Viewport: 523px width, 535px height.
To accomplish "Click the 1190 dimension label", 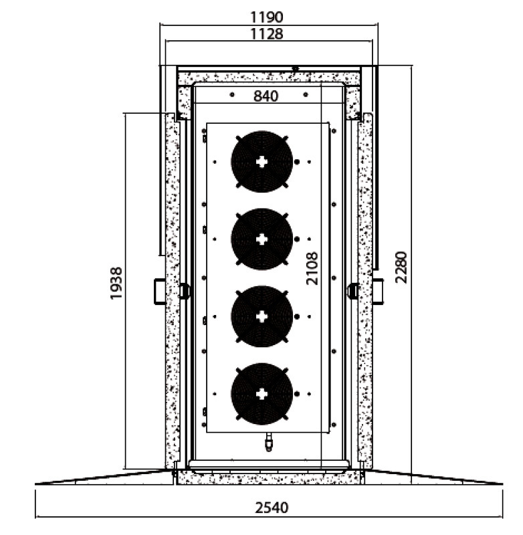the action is coord(266,17).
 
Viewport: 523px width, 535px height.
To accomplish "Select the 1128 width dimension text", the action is coord(266,34).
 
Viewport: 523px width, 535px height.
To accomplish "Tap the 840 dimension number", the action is coord(266,96).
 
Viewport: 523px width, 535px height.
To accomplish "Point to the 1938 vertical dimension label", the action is coord(116,283).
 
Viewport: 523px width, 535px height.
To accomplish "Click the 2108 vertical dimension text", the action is coord(312,269).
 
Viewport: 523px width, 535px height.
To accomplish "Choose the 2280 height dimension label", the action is coord(401,267).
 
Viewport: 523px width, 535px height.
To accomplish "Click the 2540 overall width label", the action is coord(272,508).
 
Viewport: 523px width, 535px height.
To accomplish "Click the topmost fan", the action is coord(261,162).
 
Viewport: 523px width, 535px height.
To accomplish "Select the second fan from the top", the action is coord(261,239).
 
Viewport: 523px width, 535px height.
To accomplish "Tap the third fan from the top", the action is coord(261,316).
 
